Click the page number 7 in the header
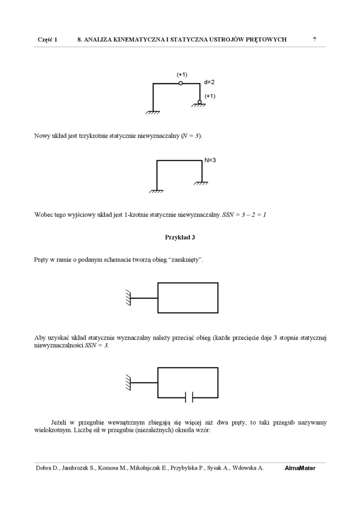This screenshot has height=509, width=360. (x=315, y=40)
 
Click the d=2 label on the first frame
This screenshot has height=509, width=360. (x=209, y=82)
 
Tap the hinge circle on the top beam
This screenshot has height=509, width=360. (x=180, y=83)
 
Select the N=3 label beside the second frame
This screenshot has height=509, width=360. (x=210, y=160)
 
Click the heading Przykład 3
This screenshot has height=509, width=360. (x=180, y=238)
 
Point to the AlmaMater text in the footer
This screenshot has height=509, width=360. (x=300, y=468)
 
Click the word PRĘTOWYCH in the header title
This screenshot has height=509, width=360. (x=267, y=40)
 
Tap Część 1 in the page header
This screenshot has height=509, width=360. (x=47, y=40)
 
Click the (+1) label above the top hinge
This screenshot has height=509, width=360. (x=182, y=75)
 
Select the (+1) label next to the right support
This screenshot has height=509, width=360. (x=210, y=96)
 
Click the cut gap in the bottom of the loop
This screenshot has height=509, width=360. (x=189, y=397)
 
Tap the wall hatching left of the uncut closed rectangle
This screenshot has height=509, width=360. (x=128, y=298)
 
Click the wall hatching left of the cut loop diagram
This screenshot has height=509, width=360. (x=128, y=382)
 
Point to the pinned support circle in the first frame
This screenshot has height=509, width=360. (x=199, y=102)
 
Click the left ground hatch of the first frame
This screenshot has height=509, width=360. (x=153, y=113)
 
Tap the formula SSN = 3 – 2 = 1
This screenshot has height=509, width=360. (x=244, y=215)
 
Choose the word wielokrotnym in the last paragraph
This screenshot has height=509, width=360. (x=52, y=431)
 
